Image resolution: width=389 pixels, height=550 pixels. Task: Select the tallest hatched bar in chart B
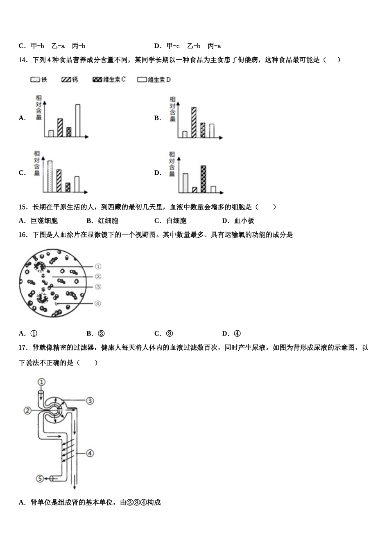[193, 122]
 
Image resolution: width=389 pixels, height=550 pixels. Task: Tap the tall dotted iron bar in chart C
[50, 176]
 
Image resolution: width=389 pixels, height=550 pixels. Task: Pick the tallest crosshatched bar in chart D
[203, 179]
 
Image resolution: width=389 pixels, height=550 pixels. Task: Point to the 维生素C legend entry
[109, 80]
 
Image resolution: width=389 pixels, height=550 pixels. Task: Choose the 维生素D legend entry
[154, 80]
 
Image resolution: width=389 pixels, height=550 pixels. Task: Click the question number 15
[23, 207]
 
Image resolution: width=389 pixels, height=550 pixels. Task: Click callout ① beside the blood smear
[98, 266]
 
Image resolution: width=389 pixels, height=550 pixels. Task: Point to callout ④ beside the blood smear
[98, 304]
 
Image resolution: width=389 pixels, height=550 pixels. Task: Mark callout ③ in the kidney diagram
[90, 401]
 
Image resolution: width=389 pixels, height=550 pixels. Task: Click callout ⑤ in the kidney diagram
[40, 478]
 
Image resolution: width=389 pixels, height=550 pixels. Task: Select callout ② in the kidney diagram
[27, 410]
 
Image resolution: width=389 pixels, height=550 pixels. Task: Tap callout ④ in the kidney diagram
[90, 453]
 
